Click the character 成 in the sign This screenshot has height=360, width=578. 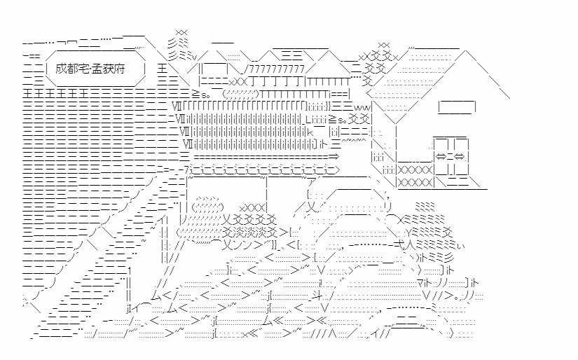61,69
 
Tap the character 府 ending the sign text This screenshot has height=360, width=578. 119,69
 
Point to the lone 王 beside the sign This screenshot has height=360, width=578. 163,69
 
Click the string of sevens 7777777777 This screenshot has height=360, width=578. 277,69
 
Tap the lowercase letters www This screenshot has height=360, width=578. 362,108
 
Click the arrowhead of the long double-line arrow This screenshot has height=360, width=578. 333,157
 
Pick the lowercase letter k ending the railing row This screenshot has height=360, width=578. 310,132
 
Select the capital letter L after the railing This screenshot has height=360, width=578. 308,119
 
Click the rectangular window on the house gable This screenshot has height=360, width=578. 457,107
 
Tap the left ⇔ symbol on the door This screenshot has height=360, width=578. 441,157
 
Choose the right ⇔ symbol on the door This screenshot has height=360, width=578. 460,157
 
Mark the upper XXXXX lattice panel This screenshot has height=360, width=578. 414,170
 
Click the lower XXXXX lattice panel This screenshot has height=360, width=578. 414,182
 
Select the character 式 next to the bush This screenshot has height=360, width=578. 399,244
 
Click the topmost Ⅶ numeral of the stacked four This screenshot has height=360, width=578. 177,107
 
